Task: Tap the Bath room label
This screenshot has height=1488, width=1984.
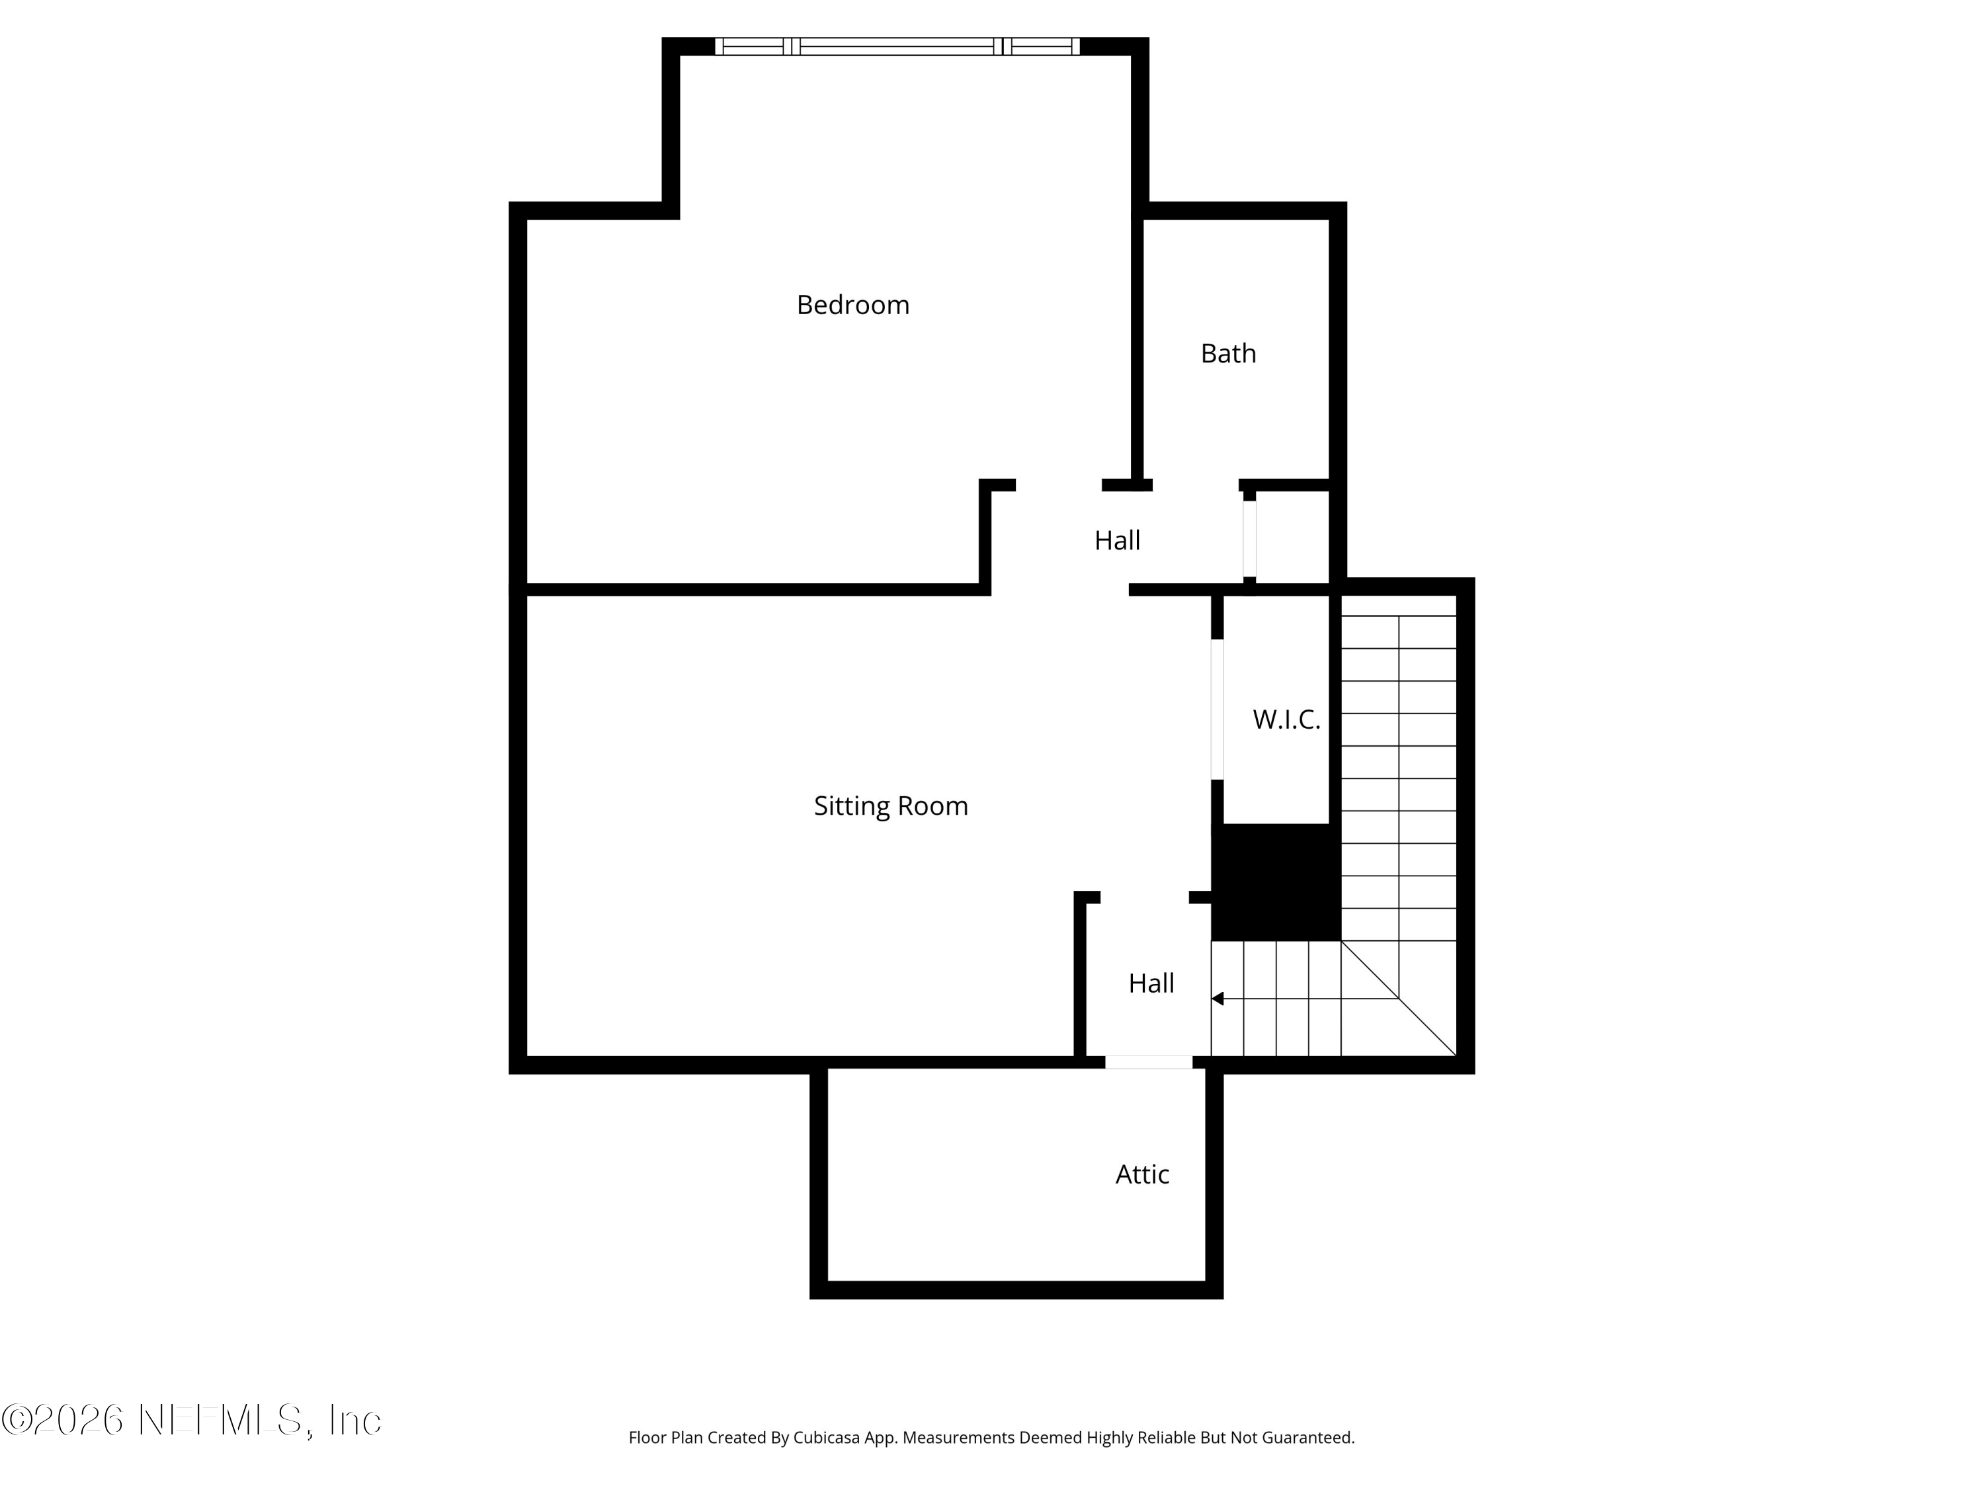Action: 1228,353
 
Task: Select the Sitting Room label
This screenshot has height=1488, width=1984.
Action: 891,806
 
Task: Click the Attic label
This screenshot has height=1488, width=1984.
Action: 1141,1174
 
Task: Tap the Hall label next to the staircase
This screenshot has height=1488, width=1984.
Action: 1151,983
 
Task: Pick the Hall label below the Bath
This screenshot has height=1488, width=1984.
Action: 1117,540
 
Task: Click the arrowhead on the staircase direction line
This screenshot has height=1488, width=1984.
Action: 1217,998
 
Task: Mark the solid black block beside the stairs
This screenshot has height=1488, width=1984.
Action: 1276,882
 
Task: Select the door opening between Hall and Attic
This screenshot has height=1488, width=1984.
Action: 1148,1062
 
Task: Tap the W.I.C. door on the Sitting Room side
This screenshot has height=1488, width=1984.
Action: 1217,708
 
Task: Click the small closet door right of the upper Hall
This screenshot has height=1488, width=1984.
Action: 1249,538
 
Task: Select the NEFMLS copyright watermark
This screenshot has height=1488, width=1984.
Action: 191,1420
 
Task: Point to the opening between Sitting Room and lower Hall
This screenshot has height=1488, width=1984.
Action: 1145,897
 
